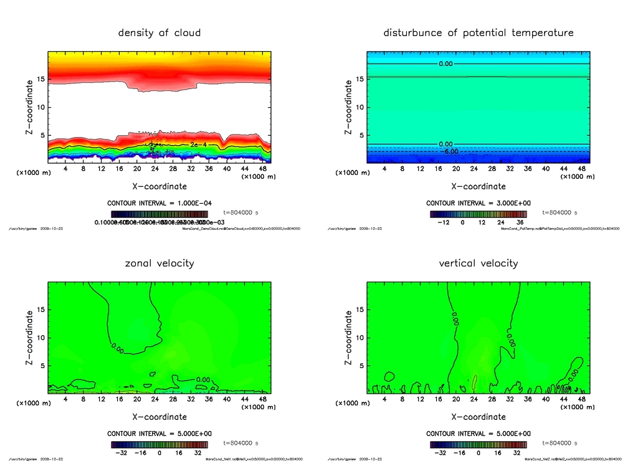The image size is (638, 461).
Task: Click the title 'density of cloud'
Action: (159, 32)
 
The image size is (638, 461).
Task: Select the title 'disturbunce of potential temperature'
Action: (478, 32)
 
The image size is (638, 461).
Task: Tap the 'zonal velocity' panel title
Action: (159, 263)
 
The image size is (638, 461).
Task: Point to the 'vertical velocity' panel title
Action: (478, 263)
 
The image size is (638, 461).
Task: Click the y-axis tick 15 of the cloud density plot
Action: (41, 79)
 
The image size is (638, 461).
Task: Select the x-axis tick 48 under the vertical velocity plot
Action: (581, 399)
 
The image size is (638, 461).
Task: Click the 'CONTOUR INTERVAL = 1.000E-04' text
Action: (159, 203)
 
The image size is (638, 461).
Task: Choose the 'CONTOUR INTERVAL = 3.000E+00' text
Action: (478, 203)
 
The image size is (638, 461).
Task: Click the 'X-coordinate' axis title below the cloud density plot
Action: (159, 186)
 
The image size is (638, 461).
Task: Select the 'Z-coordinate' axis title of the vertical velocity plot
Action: (348, 339)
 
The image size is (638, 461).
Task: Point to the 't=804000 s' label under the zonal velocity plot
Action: (248, 443)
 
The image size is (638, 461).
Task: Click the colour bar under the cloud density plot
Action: (159, 214)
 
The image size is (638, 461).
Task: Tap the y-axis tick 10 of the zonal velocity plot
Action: (41, 338)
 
